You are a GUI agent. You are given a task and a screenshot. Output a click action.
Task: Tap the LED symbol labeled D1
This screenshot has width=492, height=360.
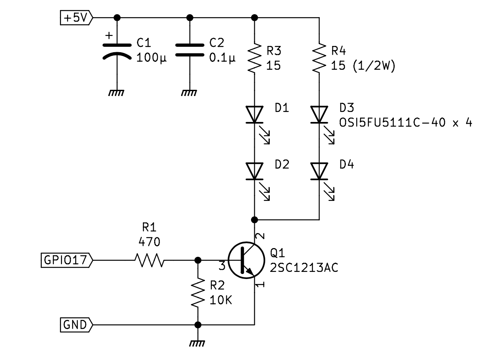pos(254,114)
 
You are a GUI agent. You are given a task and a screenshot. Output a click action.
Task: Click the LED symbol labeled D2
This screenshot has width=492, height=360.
pos(254,171)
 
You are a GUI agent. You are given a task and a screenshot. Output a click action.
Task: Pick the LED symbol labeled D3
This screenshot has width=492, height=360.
pos(319,114)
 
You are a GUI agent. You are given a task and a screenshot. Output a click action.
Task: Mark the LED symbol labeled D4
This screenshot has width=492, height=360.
pos(319,171)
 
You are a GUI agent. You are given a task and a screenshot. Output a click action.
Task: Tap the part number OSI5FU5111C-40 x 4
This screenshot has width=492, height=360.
pos(406,123)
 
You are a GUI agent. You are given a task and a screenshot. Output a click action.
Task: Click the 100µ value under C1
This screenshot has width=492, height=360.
pos(152,58)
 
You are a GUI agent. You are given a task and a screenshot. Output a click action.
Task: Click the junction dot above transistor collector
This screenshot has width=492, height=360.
pos(254,219)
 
